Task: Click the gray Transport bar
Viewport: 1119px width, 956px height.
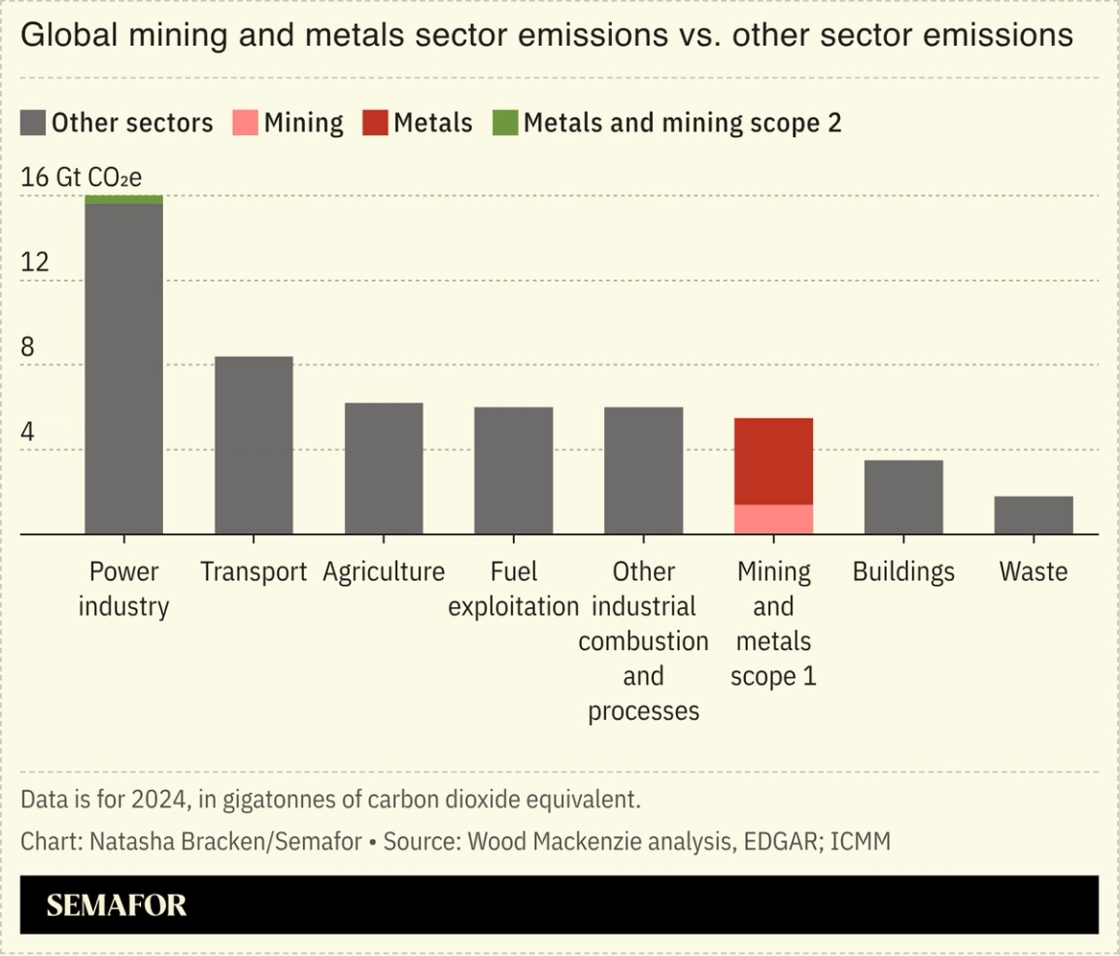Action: click(x=254, y=445)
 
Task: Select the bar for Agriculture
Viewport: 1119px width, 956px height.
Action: click(x=384, y=468)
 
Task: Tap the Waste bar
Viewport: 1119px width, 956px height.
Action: click(x=1034, y=515)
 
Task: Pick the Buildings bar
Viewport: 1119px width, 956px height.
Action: click(x=903, y=496)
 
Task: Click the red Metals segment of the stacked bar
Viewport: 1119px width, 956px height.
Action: click(x=773, y=461)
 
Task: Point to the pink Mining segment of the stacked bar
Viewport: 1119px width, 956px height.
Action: click(x=773, y=519)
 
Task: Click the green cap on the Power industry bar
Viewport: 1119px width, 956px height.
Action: click(x=123, y=199)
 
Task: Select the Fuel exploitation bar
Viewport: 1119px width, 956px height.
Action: click(x=514, y=470)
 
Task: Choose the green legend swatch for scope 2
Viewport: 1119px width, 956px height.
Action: click(x=505, y=123)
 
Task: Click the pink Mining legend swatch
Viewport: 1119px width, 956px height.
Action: click(x=245, y=123)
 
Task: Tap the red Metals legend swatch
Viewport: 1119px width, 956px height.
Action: click(x=375, y=123)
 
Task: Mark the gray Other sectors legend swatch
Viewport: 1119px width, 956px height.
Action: click(x=33, y=123)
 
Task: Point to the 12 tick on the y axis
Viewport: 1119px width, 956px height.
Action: click(x=34, y=262)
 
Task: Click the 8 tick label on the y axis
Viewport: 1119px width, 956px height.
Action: click(x=27, y=347)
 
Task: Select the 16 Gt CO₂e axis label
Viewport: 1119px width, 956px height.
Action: click(x=81, y=178)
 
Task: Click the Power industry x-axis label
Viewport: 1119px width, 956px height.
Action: click(x=123, y=589)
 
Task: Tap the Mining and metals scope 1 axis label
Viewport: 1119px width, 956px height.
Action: click(x=773, y=624)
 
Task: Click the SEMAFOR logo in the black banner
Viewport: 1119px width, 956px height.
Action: click(x=117, y=905)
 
